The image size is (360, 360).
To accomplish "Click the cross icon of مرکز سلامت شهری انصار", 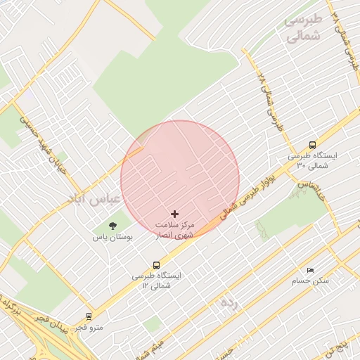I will tap(175, 213).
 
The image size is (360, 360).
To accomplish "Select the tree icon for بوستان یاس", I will tap(112, 226).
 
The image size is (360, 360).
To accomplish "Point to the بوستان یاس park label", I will tap(112, 238).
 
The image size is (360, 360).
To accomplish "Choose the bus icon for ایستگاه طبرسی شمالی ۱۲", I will tap(156, 265).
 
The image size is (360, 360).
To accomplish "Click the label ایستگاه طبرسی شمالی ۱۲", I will tap(156, 281).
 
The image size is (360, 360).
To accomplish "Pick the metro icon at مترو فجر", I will tap(89, 316).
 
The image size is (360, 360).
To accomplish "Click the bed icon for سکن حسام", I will tap(310, 270).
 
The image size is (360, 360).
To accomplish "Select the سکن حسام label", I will tap(310, 281).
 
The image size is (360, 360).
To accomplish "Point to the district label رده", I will tap(229, 303).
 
